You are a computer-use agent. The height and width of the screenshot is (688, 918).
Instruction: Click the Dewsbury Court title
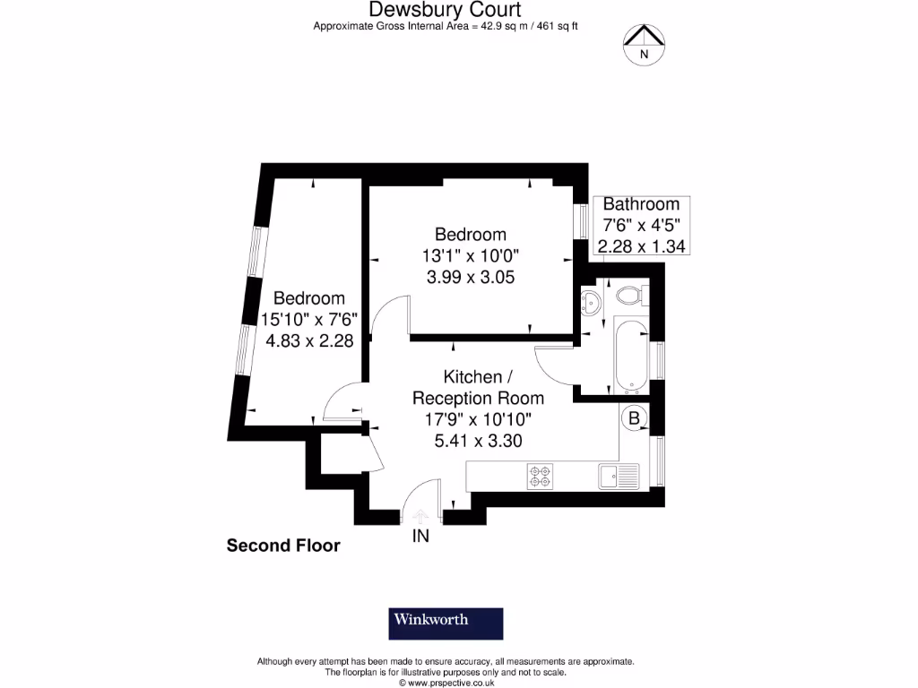coord(445,10)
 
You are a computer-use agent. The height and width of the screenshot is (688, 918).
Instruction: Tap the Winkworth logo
coord(446,623)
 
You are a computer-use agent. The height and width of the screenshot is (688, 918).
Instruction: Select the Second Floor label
coord(283,545)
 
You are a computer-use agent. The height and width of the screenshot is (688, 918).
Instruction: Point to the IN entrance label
coord(420,537)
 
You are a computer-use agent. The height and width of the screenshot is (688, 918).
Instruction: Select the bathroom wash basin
coord(591,302)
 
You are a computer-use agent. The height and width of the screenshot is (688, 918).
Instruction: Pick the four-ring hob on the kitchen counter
coord(541,476)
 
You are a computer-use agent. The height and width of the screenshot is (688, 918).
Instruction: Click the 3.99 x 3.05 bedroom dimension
coord(470,277)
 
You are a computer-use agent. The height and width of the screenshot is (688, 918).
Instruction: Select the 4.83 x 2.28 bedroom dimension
coord(307,340)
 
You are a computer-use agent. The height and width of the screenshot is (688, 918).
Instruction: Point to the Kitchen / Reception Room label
coord(477,387)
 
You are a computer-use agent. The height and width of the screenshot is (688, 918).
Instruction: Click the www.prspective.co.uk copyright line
coord(446,683)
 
